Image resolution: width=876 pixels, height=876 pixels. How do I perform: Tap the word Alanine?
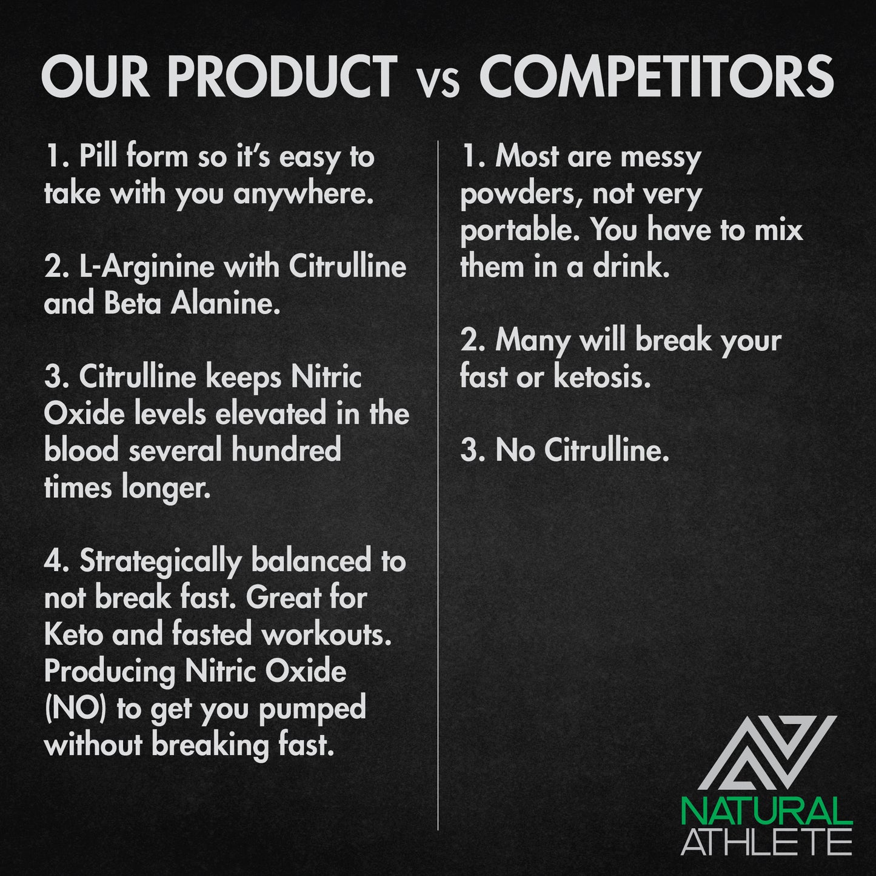click(226, 304)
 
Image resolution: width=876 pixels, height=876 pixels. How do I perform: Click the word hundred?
click(286, 449)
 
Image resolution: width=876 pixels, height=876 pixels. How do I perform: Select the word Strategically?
click(161, 562)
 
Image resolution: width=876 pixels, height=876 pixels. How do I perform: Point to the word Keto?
click(73, 634)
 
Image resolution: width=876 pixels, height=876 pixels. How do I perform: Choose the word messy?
click(661, 158)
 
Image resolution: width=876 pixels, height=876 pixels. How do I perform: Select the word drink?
click(631, 266)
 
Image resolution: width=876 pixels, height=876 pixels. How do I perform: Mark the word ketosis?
click(602, 377)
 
